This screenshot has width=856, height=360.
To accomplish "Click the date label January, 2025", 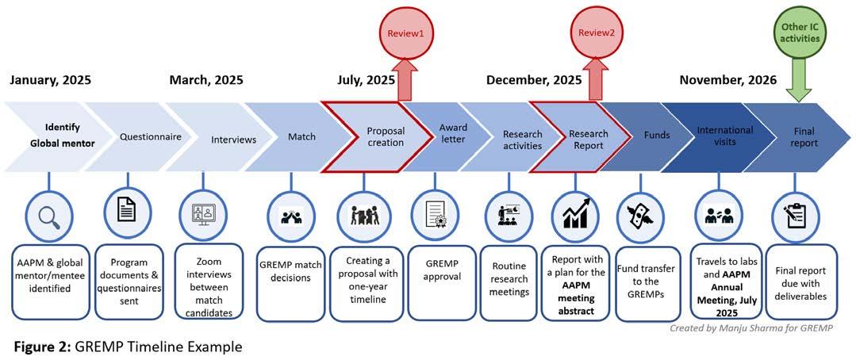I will coord(50,80).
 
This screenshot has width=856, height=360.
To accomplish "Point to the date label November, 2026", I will coord(727,80).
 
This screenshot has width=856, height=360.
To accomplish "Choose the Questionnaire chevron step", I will coord(150,137).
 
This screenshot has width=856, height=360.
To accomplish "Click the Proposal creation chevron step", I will coord(385,137).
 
